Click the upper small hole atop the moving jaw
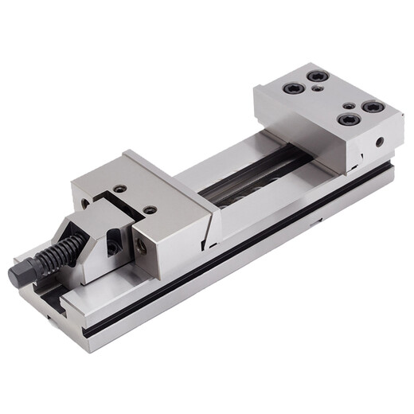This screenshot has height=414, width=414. click(x=120, y=189)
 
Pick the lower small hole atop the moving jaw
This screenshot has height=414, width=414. click(x=149, y=210)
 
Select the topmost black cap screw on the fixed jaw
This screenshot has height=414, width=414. click(x=320, y=76)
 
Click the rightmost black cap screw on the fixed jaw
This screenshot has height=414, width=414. click(x=372, y=106)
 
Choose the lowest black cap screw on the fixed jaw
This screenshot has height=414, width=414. click(x=346, y=120)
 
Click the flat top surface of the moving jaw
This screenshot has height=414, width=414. click(x=159, y=183)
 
